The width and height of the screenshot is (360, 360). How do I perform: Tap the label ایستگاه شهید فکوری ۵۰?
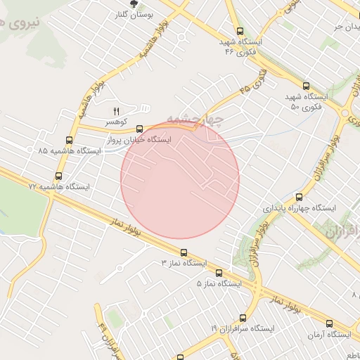pos(307,101)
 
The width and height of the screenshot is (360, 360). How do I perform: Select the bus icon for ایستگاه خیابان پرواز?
pos(139,129)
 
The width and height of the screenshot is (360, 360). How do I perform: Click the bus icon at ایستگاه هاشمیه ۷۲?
pos(58,176)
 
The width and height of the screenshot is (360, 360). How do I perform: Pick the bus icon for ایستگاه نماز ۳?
pos(184,252)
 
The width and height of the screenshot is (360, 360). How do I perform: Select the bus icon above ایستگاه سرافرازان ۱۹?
pos(243,318)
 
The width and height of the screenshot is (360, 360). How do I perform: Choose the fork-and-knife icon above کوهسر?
pos(116,111)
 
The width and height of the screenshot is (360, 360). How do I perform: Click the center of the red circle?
pos(180,180)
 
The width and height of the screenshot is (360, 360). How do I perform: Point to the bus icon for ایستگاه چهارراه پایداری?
pos(300,198)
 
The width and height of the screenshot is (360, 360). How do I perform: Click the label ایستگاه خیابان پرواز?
pos(139,140)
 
